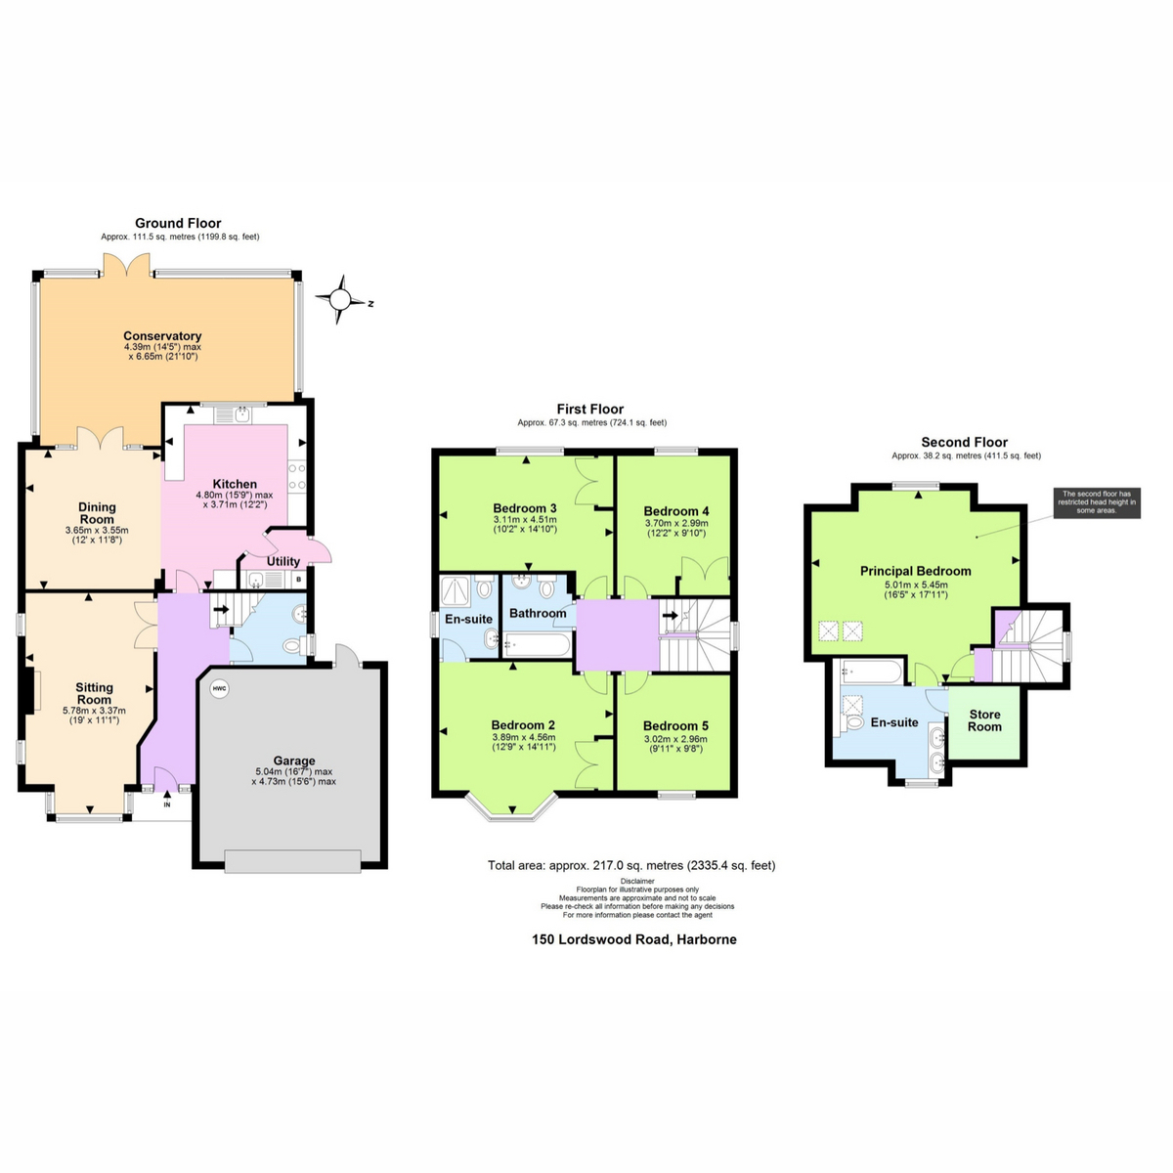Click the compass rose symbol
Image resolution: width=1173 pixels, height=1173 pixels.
tap(340, 299)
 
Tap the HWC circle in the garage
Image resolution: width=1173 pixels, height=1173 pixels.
tap(218, 688)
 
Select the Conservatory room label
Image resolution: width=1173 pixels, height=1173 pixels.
tap(162, 336)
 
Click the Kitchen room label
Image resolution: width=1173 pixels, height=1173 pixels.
tap(235, 484)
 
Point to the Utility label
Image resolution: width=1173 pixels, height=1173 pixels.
tap(283, 562)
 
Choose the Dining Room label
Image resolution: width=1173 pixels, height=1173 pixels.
tap(97, 513)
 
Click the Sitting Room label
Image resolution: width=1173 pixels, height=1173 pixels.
tap(95, 693)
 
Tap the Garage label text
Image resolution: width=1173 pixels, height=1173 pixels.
tap(294, 760)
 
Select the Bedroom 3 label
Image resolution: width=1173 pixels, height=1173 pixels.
tap(525, 508)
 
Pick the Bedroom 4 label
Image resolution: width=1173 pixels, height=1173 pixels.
tap(676, 511)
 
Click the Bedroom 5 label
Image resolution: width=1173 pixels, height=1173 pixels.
tap(675, 725)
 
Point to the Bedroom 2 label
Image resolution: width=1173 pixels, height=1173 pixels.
tap(523, 725)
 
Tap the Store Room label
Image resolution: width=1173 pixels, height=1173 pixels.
tap(985, 720)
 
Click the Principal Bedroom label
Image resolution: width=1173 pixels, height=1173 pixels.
tap(916, 571)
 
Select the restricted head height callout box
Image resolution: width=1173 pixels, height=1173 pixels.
tap(1096, 502)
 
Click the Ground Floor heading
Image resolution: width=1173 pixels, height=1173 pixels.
tap(178, 223)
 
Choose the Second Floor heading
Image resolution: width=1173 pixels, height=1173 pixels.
tap(964, 442)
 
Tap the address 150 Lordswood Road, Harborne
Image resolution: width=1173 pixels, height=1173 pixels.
tap(634, 939)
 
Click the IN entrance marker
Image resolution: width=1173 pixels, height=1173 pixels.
tap(166, 804)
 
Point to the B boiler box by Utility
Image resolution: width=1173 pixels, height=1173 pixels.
tap(299, 580)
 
